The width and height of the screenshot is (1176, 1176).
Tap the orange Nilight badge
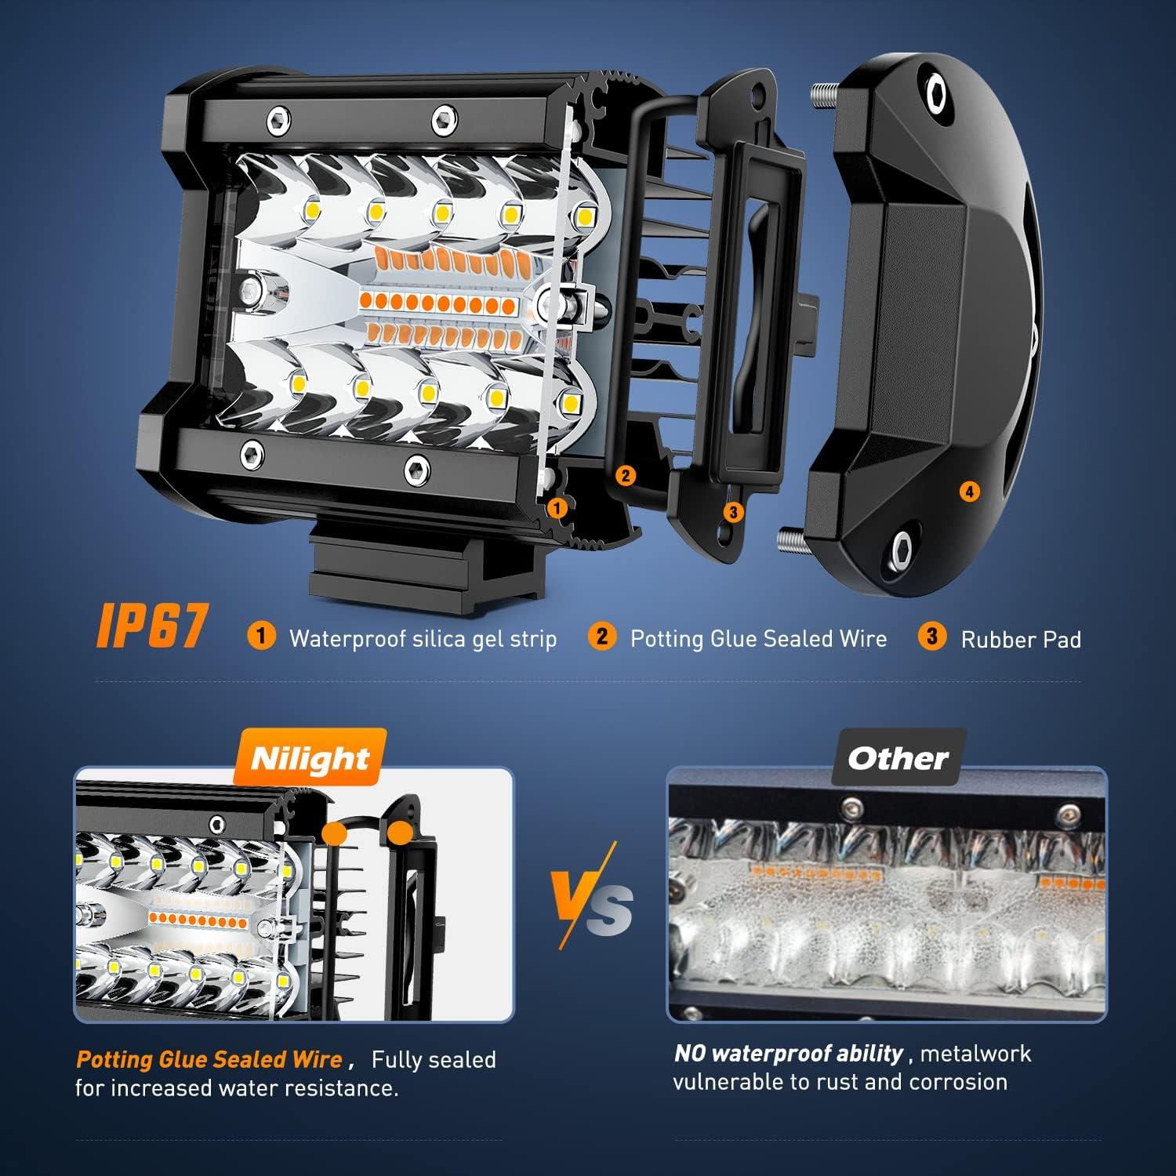tap(310, 758)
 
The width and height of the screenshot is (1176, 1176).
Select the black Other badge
tap(898, 758)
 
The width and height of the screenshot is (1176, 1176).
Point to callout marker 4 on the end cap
tap(970, 492)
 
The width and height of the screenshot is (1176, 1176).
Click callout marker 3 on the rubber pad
tap(733, 512)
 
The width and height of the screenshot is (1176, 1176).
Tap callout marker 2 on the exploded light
tap(625, 475)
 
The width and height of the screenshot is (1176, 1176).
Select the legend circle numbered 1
tap(261, 636)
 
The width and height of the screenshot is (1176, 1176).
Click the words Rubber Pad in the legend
tap(1021, 640)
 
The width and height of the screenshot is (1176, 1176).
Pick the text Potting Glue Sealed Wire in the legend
tap(758, 639)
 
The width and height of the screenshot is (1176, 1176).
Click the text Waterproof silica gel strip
tap(423, 639)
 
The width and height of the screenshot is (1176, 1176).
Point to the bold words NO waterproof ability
tap(789, 1054)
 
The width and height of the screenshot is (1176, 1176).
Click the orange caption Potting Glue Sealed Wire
tap(209, 1060)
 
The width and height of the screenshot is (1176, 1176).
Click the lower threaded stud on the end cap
tap(793, 539)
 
